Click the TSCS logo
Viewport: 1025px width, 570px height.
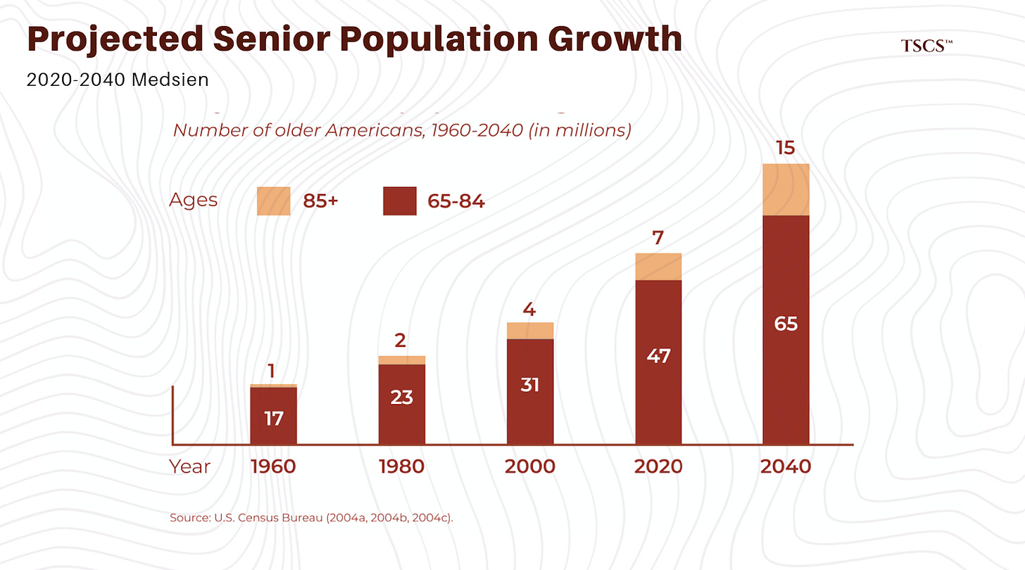(x=926, y=46)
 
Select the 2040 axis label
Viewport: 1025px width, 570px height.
(x=786, y=467)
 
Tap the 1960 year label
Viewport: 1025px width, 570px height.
(x=273, y=467)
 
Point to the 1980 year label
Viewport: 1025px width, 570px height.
(x=401, y=467)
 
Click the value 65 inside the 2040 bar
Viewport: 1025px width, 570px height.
(x=786, y=324)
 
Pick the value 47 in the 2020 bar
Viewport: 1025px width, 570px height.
(x=658, y=356)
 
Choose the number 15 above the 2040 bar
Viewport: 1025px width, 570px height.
(x=786, y=148)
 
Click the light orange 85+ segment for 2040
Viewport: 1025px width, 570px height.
(x=786, y=190)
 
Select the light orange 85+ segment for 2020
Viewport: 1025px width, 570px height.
(x=658, y=267)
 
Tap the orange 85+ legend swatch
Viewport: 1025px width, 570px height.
(x=273, y=201)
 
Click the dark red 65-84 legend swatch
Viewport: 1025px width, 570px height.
(x=400, y=201)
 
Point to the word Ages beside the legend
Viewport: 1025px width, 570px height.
(x=193, y=201)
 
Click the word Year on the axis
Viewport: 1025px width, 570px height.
(x=189, y=467)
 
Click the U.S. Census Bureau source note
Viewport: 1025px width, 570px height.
(x=310, y=518)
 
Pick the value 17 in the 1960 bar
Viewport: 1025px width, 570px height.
(x=273, y=419)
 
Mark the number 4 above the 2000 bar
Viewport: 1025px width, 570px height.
(x=530, y=309)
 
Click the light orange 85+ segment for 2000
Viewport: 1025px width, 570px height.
(x=530, y=331)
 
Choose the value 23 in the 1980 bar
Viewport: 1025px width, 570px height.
(x=401, y=398)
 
